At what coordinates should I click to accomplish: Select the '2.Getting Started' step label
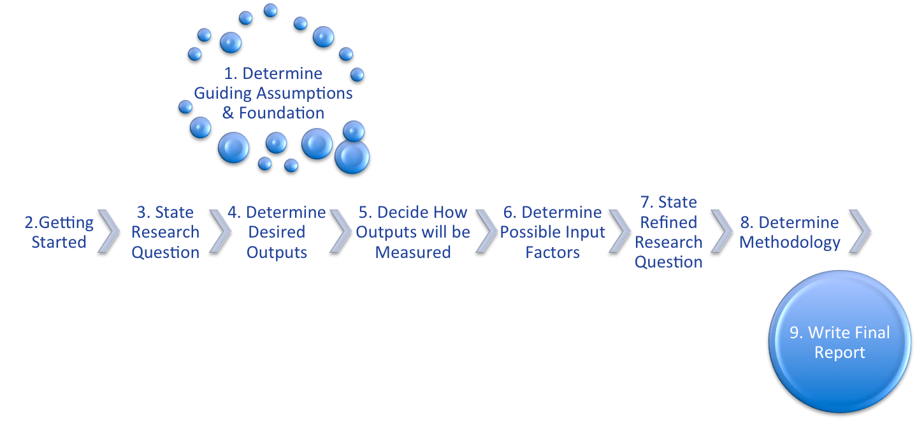[x=59, y=232]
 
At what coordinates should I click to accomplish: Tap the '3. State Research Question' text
[x=165, y=232]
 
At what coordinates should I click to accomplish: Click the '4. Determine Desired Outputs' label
[x=277, y=232]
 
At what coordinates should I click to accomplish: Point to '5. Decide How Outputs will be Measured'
[x=412, y=232]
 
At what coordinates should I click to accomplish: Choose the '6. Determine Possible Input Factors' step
[x=552, y=232]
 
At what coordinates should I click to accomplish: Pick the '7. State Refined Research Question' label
[x=668, y=232]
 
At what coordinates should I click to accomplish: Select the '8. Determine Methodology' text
[x=790, y=232]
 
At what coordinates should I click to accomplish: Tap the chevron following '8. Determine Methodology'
[x=860, y=232]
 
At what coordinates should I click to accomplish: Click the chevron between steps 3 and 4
[x=220, y=232]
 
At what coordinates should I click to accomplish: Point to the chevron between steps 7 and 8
[x=721, y=232]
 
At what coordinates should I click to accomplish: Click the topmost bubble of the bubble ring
[x=270, y=11]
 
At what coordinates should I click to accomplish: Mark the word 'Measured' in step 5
[x=412, y=253]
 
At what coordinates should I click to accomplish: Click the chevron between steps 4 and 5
[x=341, y=232]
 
